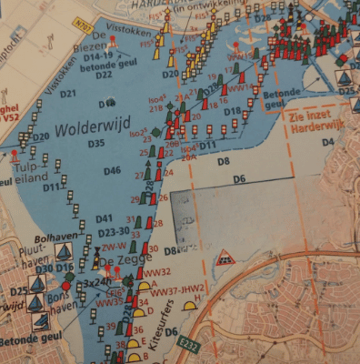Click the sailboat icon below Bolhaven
click(64, 252)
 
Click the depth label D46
click(112, 170)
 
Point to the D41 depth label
click(104, 218)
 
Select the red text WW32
click(156, 272)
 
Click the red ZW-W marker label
click(113, 247)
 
